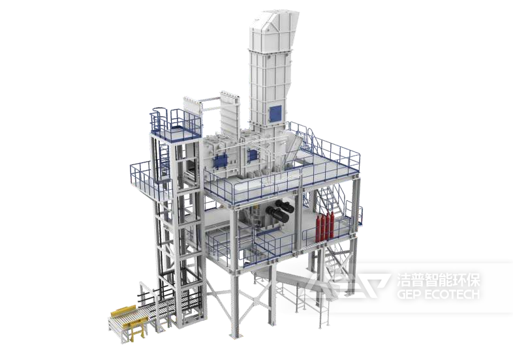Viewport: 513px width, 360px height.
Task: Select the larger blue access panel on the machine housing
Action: [220, 162]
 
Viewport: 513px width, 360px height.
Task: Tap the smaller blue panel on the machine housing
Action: [253, 155]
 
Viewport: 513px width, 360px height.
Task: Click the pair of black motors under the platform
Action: [280, 211]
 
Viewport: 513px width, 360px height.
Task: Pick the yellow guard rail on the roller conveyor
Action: [123, 311]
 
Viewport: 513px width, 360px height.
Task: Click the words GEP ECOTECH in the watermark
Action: [438, 294]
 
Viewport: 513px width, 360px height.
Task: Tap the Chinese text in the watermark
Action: [438, 280]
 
